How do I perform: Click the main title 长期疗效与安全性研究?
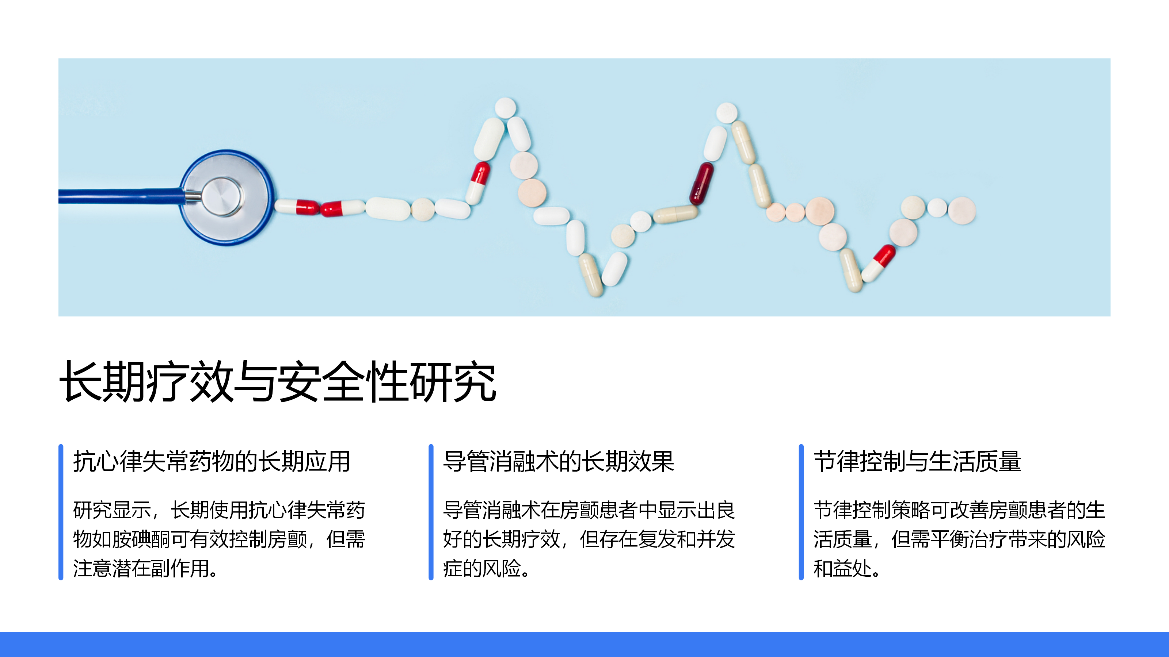click(x=278, y=382)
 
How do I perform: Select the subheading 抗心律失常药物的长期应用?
click(x=212, y=462)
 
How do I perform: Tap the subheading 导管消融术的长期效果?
click(x=559, y=462)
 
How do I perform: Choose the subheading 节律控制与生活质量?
click(x=917, y=462)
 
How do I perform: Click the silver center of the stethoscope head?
click(x=222, y=196)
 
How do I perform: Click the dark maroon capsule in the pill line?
click(x=701, y=183)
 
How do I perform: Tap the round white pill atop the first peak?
click(x=505, y=108)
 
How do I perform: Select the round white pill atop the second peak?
click(x=727, y=112)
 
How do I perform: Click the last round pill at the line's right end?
click(x=962, y=210)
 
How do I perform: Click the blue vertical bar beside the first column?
click(x=61, y=512)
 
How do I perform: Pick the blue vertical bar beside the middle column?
click(x=431, y=512)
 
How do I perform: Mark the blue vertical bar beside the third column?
click(x=801, y=512)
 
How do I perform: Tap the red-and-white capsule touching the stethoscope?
click(x=297, y=207)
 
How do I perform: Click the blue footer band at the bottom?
click(x=584, y=644)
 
